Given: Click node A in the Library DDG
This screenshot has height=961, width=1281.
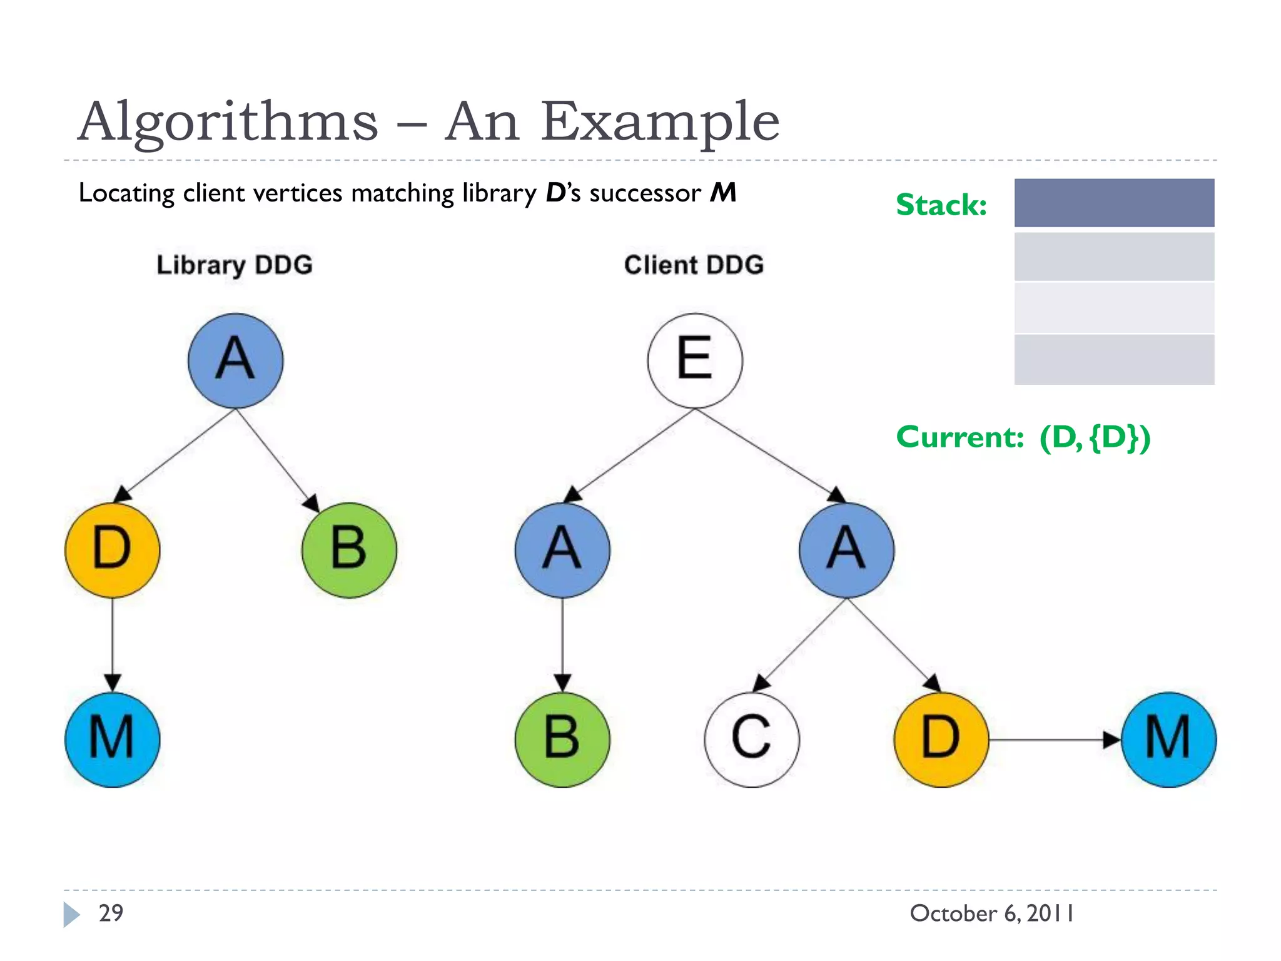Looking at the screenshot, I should [235, 360].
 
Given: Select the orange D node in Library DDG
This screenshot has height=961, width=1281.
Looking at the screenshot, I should [112, 550].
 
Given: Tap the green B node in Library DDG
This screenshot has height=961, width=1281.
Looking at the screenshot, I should [348, 550].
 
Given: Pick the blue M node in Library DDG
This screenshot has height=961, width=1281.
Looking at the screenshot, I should [112, 740].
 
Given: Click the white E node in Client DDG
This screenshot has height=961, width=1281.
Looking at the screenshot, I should [694, 360].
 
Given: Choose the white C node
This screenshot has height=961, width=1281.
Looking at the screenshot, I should [751, 740].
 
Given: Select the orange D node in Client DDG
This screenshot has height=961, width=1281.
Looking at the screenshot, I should [941, 740].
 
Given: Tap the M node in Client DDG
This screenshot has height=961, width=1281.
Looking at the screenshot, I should [1168, 740].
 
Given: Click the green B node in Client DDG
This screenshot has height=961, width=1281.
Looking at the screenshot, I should [562, 740].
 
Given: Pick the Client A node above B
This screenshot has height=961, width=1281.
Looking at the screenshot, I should [562, 550].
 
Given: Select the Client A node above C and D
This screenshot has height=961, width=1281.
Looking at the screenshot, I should [846, 550].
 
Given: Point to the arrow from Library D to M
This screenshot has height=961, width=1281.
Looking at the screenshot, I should [112, 644].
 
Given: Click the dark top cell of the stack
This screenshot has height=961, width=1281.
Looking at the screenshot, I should [1113, 203].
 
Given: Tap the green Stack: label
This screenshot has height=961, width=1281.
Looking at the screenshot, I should [941, 205].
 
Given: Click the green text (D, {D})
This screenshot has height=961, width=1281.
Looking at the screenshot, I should [1094, 437].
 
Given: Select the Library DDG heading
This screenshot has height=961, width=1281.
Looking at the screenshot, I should [235, 265].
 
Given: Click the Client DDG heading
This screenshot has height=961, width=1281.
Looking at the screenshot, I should [694, 265].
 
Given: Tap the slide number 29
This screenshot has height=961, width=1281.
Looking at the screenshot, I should [111, 913].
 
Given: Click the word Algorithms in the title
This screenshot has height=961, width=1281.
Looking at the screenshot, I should [228, 121].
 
